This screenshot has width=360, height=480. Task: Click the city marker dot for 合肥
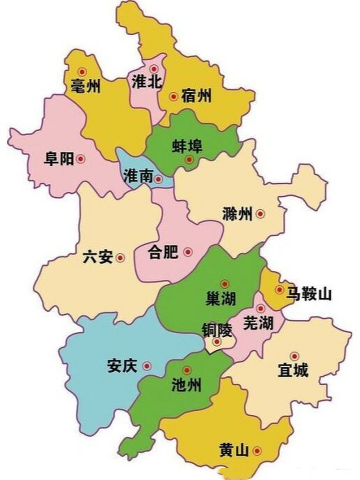pos(188,252)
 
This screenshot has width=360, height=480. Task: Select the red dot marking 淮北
pos(154,69)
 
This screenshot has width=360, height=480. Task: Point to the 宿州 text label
pos(196,96)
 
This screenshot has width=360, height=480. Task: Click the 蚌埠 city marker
pos(189,160)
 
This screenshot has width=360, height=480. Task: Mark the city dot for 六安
pos(120,258)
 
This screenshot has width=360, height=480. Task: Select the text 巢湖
pos(221,298)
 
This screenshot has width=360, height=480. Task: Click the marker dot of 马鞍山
pos(279,289)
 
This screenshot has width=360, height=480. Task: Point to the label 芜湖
pos(258,323)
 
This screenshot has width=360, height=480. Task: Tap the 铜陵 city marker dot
pos(217,342)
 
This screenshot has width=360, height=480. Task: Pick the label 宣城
pos(293,370)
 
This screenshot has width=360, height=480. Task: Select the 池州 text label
pos(186,384)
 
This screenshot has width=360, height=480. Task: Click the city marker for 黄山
pos(257,451)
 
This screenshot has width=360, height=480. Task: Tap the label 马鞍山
pos(309,294)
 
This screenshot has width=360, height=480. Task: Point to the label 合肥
pos(163,252)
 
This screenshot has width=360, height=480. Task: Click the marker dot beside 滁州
pos(260,214)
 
